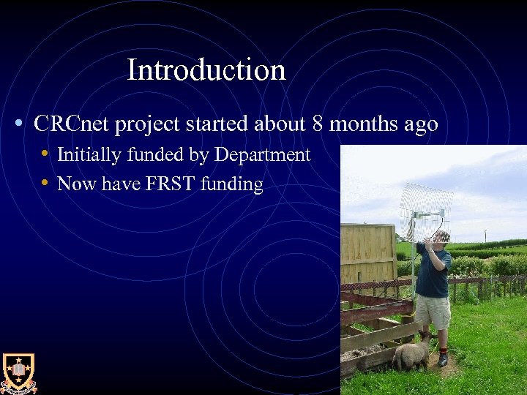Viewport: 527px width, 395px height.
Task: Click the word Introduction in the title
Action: pyautogui.click(x=206, y=70)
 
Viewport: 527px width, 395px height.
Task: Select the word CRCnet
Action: pyautogui.click(x=71, y=124)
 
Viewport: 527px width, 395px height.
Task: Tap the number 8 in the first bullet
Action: pyautogui.click(x=318, y=124)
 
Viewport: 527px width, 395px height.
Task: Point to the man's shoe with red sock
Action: pyautogui.click(x=443, y=358)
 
